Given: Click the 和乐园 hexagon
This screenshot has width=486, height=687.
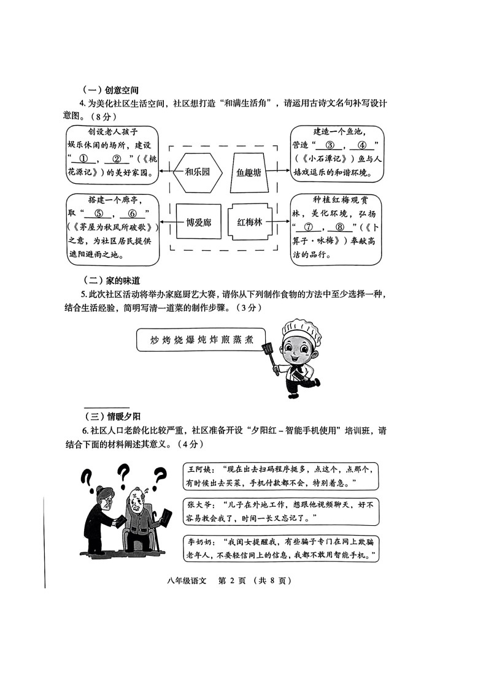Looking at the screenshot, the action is point(197,172).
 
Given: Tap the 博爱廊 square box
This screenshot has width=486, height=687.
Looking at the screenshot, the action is point(198,222).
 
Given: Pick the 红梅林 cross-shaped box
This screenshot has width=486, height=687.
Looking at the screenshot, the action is point(249,222).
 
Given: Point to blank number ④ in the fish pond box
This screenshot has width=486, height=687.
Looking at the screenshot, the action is point(362,146).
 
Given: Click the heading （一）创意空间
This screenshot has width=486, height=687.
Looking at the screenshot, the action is point(110,90).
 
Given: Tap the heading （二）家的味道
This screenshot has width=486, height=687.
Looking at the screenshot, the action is point(110,281).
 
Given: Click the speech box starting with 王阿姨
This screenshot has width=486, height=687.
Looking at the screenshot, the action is point(280,476).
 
